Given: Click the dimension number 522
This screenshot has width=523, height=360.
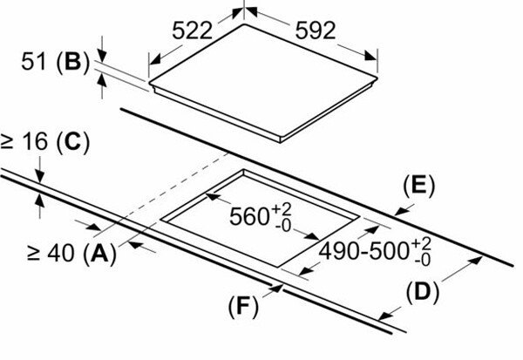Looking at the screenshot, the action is coord(192,31).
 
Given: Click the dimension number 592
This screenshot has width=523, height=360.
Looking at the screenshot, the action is coord(316,31).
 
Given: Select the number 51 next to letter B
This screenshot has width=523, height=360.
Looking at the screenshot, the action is coord(33,61).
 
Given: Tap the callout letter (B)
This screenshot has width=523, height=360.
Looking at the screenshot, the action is coord(73,63).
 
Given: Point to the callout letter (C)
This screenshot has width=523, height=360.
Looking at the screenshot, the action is coord(73,142).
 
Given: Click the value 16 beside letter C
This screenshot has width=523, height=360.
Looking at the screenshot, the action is coord(35,141).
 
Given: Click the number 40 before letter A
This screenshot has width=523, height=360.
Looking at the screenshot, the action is coord(61,254).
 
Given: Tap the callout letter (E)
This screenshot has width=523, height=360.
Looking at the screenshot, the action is coord(419,186).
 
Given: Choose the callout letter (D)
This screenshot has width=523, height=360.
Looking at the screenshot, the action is coord(422,293).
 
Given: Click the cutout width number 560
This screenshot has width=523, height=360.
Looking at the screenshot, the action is coord(249,216).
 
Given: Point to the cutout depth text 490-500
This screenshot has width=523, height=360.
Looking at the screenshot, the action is coord(364,251).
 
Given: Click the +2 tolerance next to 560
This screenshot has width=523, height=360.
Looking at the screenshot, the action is coord(282,209).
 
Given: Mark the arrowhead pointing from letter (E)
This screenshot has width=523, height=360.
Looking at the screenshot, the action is coord(401,211).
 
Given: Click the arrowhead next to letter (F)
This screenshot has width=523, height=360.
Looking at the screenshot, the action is coord(277,288).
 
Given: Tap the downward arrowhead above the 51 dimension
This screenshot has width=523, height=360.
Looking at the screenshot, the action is coord(102,56).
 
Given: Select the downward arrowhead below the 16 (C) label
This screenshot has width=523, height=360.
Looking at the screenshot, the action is coord(40,176).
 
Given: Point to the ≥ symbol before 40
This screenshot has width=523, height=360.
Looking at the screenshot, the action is coord(34,254).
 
